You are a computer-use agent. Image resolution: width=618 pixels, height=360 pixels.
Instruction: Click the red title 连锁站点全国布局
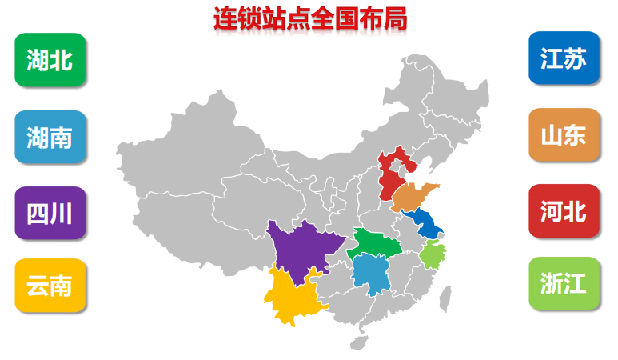pos(309,18)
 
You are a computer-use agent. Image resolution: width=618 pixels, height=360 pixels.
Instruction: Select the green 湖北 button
pos(50,60)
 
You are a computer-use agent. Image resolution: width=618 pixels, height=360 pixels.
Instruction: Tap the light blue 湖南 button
pos(50,138)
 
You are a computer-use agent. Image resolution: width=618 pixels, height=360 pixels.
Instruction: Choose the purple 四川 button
pos(50,214)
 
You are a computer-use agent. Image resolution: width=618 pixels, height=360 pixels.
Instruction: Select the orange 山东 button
pos(564,135)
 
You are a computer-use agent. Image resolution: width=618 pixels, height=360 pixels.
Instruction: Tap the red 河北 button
pos(564,211)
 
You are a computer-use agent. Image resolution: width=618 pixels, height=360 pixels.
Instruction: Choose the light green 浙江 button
pos(564,284)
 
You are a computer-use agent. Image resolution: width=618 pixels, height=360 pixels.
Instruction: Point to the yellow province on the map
pos(292,296)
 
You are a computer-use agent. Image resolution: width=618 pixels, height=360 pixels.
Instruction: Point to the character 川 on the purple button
pos(62,214)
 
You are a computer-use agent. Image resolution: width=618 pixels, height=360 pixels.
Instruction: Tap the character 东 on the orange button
pos(575,135)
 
